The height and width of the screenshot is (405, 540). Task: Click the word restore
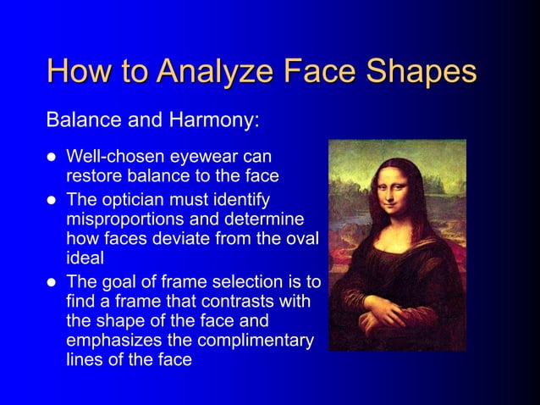[x=94, y=176]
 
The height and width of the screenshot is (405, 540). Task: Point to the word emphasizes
[x=109, y=341]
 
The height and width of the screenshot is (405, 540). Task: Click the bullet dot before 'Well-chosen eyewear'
[x=51, y=158]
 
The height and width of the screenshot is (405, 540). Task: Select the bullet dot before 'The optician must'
[x=51, y=201]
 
